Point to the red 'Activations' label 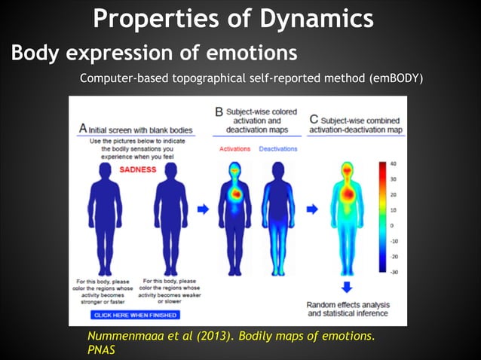[234, 149]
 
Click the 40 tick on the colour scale [394, 163]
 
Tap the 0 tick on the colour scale [392, 225]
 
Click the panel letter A [83, 129]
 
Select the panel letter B [219, 111]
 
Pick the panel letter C [314, 119]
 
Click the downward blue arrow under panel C [346, 286]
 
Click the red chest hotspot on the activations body [236, 194]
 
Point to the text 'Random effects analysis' [348, 304]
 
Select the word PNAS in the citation [102, 350]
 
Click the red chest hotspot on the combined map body [348, 194]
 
